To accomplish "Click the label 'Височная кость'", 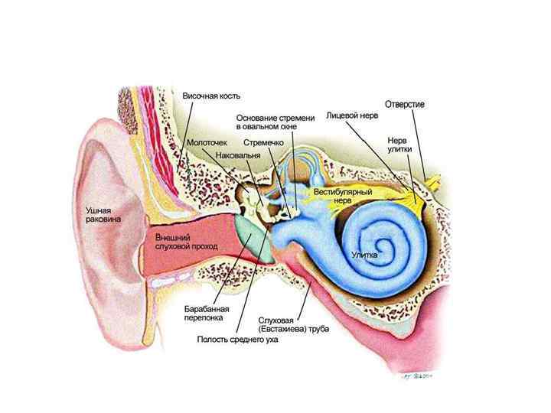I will point(211,96).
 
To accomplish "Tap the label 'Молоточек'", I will point(206,143).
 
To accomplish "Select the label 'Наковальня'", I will point(239,155).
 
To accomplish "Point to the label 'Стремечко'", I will point(264,143).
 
